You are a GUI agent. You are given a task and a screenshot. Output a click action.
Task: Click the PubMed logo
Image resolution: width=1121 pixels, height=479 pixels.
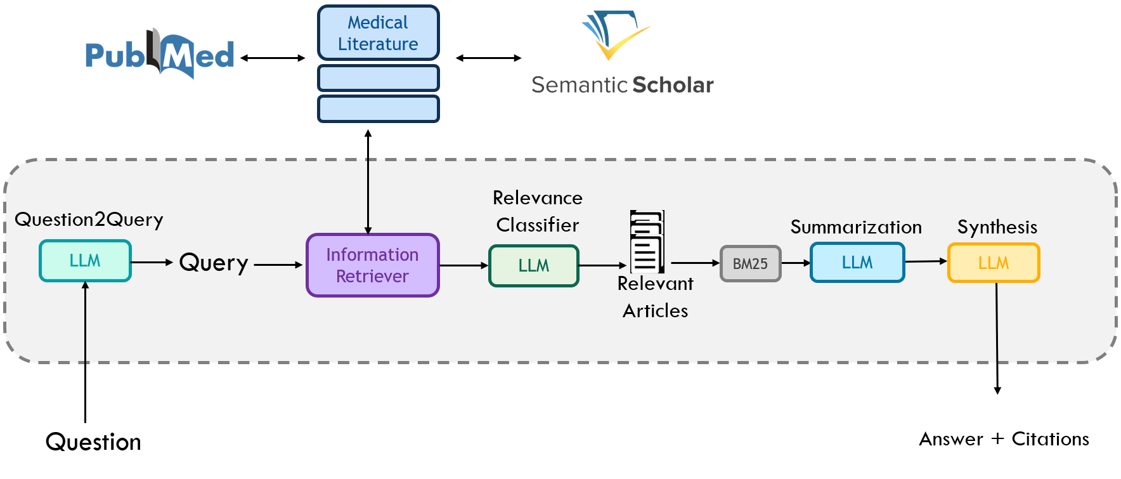point(160,55)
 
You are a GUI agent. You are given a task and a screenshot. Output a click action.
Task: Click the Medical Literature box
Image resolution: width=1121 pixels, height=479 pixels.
point(378,33)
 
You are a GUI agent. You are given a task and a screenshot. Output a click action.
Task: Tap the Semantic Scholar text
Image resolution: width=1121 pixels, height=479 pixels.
point(622,85)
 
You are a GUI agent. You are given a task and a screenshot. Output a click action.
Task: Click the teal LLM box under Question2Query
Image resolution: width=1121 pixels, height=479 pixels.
point(85,261)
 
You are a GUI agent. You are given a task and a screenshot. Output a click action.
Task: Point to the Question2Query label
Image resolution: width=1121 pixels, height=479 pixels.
point(89,220)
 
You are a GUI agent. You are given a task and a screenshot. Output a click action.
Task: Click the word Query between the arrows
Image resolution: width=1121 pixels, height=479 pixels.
point(214,263)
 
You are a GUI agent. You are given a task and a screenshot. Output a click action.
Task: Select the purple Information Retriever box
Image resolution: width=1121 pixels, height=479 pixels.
point(372,265)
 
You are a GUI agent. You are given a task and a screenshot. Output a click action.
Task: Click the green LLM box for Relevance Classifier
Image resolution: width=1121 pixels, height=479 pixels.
point(533,266)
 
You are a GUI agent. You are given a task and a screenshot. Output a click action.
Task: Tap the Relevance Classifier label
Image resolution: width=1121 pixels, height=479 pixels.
point(537,211)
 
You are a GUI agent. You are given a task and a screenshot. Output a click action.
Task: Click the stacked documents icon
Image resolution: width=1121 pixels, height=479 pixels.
point(647,242)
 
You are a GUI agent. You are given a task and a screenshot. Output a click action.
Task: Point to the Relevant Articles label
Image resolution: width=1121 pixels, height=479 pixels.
point(655,297)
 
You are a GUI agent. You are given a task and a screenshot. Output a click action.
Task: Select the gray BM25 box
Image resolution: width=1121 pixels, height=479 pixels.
point(750,263)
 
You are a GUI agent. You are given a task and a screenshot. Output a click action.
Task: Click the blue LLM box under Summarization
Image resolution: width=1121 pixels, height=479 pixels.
point(857,263)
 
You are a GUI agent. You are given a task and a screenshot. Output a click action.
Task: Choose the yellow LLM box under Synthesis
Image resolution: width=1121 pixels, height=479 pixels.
point(993,263)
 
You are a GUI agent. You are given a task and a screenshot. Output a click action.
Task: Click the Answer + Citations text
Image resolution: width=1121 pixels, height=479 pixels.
point(1004,439)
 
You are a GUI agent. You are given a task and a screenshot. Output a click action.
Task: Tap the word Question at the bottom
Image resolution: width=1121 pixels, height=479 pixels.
point(93,442)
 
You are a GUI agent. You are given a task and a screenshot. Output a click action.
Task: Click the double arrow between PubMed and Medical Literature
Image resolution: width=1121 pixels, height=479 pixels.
point(273,58)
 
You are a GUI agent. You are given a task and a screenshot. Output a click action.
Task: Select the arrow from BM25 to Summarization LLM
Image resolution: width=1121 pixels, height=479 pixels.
point(796,263)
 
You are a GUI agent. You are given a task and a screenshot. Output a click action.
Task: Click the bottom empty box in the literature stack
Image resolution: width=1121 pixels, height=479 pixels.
point(378,109)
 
